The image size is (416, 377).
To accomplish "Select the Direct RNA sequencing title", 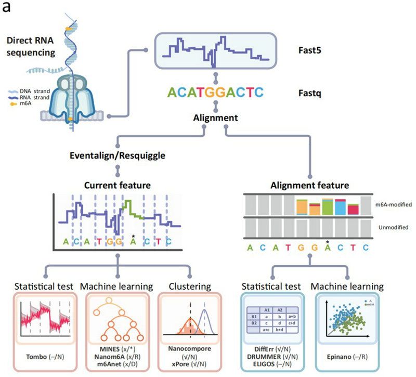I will point(30,46).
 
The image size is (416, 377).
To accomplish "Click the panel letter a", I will point(7,8).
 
